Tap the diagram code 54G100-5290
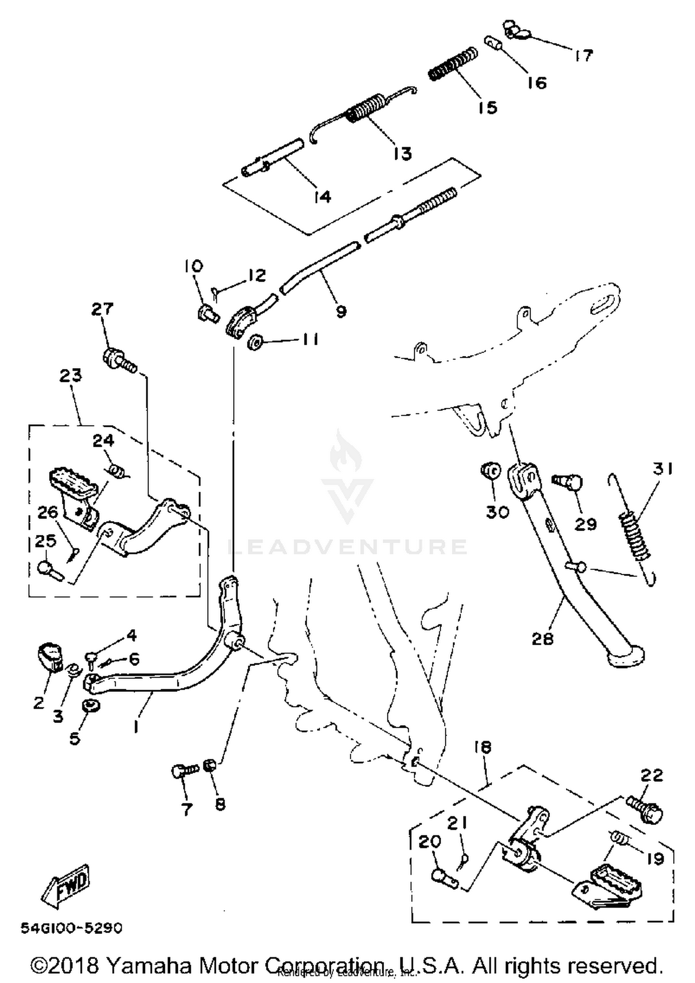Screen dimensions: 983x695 (x=71, y=928)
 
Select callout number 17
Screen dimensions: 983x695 (x=583, y=56)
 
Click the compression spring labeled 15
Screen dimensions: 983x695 (x=452, y=64)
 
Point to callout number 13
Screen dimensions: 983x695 (x=402, y=153)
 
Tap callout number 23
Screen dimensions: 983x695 (x=70, y=375)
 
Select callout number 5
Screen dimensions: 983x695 (x=75, y=738)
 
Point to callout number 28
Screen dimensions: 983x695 (x=543, y=639)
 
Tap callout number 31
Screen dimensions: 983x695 (x=663, y=469)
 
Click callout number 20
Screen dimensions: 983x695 (x=430, y=841)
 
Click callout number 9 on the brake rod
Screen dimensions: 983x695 (x=341, y=311)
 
